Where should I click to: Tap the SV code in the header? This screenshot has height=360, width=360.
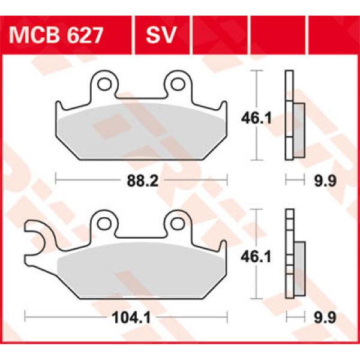[x=160, y=37]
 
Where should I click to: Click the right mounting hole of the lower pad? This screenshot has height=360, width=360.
[x=178, y=223]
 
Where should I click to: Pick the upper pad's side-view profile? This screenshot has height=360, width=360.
[x=293, y=115]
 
